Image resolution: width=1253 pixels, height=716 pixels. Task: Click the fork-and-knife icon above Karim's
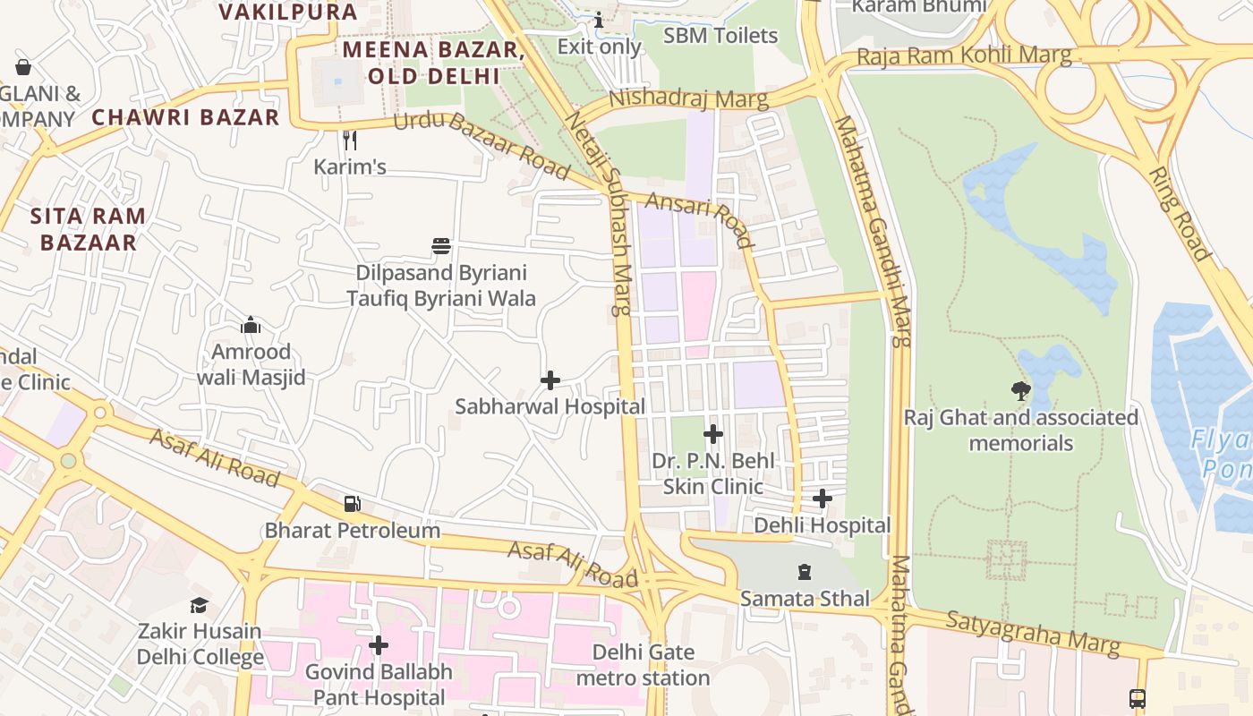(350, 140)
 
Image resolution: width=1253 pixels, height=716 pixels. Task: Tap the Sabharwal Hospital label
(550, 406)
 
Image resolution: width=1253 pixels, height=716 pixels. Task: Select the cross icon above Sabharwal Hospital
(550, 380)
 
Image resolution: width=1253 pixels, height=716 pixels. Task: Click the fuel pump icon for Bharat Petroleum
(353, 504)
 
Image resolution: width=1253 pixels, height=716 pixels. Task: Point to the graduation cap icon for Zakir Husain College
(199, 606)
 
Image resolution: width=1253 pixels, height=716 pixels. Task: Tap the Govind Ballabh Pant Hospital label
(378, 684)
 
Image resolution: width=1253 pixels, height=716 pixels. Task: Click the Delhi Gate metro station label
(643, 664)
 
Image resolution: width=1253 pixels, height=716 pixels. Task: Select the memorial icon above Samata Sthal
(805, 571)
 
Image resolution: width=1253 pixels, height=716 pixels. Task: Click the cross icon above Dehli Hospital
(823, 499)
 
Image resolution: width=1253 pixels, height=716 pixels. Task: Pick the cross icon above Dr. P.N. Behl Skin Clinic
(713, 435)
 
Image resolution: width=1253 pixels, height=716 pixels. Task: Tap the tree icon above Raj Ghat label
(1020, 390)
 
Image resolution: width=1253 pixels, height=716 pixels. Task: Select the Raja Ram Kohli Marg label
(963, 55)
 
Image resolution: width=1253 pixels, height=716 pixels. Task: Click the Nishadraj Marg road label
(688, 98)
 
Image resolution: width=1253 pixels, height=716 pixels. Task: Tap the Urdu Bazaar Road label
(482, 144)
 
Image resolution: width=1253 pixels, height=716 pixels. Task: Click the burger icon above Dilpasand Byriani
(440, 246)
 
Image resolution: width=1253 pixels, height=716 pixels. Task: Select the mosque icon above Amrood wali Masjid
(251, 325)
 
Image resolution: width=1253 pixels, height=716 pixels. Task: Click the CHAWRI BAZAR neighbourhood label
(186, 117)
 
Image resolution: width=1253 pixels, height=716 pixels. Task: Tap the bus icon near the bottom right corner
(1138, 698)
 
